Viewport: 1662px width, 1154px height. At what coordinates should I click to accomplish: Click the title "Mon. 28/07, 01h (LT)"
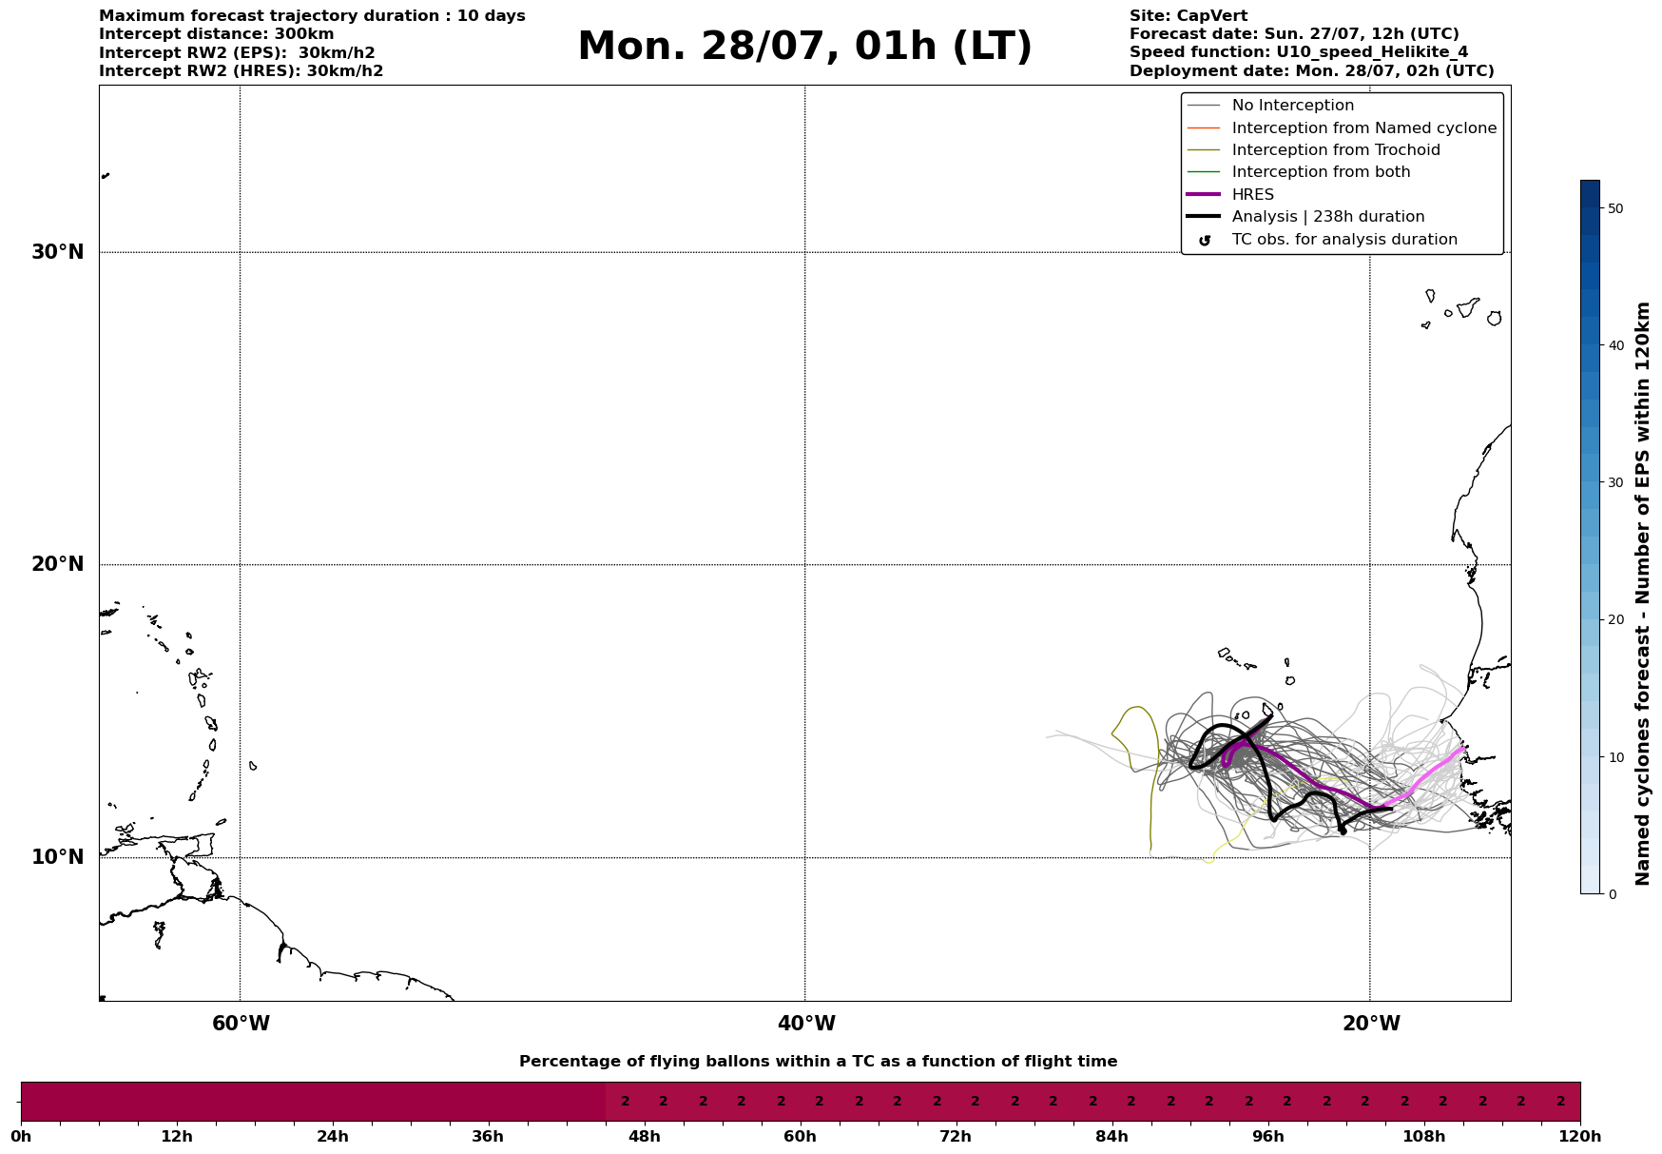[x=804, y=48]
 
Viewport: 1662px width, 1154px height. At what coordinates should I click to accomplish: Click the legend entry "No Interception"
[x=1292, y=106]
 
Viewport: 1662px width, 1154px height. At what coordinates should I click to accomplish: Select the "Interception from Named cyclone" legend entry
[x=1363, y=128]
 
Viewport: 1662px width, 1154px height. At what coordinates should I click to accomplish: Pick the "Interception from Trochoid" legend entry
[x=1335, y=150]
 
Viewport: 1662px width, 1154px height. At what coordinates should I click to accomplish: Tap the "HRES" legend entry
[x=1252, y=195]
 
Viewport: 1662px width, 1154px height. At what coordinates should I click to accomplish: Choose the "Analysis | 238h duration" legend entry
[x=1327, y=217]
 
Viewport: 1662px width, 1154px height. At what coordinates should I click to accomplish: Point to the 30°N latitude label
[x=58, y=252]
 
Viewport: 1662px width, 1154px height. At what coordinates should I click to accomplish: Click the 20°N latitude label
[x=58, y=564]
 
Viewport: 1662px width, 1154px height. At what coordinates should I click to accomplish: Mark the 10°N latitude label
[x=58, y=857]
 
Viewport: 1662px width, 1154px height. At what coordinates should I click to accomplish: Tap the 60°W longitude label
[x=241, y=1024]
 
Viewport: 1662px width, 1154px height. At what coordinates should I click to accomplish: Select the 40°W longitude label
[x=806, y=1024]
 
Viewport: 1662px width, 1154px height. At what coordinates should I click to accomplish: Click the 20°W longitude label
[x=1371, y=1024]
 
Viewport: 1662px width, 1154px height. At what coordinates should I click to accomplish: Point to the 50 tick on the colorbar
[x=1614, y=208]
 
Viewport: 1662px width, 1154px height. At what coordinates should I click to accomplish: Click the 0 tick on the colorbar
[x=1612, y=894]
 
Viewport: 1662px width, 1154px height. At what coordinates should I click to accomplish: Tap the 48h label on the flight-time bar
[x=644, y=1137]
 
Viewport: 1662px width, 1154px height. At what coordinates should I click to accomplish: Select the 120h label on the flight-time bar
[x=1580, y=1137]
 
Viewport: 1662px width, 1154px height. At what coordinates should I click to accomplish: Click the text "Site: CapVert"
[x=1188, y=16]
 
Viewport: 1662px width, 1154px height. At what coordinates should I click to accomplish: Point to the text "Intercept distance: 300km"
[x=216, y=34]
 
